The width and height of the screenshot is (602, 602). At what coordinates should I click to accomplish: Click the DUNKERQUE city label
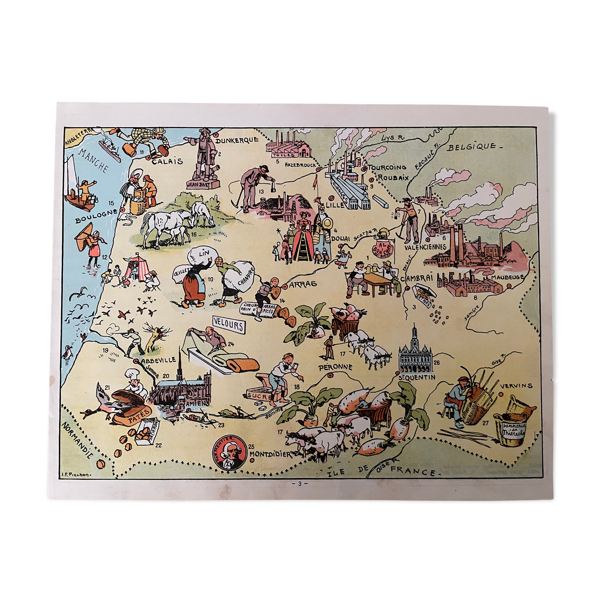click(238, 140)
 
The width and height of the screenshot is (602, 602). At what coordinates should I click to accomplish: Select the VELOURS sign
click(228, 325)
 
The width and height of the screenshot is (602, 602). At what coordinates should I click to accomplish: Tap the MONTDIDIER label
click(271, 453)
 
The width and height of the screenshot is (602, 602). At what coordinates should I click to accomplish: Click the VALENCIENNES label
click(425, 247)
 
